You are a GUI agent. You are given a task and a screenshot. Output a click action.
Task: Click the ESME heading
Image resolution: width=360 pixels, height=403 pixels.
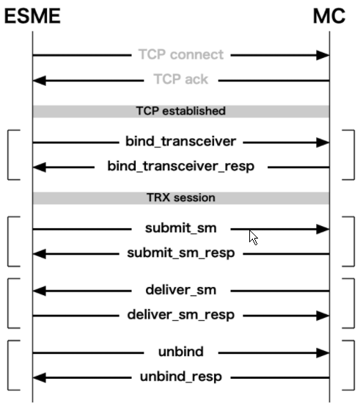(x=33, y=16)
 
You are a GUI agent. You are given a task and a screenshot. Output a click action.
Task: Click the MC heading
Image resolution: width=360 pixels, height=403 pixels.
(x=327, y=16)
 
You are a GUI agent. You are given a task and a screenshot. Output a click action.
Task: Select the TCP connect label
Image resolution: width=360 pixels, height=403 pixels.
(x=180, y=55)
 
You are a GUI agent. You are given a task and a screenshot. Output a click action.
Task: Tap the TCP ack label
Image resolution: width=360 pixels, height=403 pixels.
(x=180, y=79)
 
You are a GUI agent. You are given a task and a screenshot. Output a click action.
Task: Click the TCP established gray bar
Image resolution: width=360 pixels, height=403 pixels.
(x=180, y=111)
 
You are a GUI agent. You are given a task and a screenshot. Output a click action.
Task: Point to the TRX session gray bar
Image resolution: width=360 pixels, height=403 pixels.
(x=180, y=198)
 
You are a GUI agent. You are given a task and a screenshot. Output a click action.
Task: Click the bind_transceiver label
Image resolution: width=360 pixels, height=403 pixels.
(x=180, y=142)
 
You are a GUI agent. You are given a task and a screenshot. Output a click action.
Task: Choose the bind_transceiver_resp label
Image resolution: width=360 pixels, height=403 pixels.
(x=180, y=167)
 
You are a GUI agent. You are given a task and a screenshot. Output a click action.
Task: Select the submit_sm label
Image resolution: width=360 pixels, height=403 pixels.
(x=180, y=229)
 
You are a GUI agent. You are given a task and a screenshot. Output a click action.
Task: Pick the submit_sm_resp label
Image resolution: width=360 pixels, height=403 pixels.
(x=180, y=254)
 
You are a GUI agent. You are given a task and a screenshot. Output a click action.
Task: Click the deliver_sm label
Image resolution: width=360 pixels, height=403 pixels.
(x=180, y=291)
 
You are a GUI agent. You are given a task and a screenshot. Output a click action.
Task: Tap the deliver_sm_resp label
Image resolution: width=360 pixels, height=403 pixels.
(x=180, y=316)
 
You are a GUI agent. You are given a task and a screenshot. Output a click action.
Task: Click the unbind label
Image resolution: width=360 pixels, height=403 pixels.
(x=180, y=352)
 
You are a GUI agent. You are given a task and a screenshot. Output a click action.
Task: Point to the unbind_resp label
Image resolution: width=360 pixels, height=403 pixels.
(x=180, y=377)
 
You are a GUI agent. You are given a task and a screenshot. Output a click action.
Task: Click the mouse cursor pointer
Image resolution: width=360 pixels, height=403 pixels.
(x=253, y=236)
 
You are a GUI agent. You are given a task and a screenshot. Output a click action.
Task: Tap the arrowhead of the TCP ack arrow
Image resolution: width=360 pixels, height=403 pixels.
(x=41, y=79)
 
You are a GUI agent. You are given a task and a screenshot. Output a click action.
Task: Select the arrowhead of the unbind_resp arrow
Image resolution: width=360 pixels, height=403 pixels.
(x=41, y=377)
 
